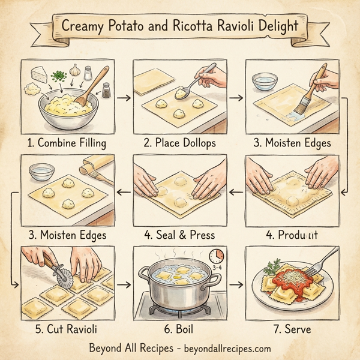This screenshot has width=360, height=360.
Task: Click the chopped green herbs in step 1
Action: click(58, 76)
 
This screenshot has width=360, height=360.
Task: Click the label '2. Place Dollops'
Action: click(180, 143)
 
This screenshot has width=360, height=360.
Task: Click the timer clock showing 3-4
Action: click(217, 257)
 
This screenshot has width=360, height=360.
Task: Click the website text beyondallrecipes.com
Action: click(221, 348)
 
